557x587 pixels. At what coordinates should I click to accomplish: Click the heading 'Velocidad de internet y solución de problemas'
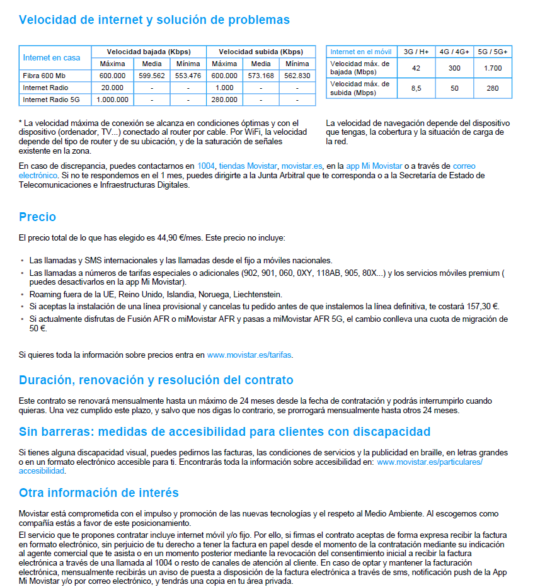click(x=154, y=20)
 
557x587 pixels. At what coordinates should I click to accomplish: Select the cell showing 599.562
click(x=152, y=76)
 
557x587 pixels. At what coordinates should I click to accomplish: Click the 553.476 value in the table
click(x=188, y=76)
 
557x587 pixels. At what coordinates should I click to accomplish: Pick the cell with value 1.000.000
click(x=113, y=100)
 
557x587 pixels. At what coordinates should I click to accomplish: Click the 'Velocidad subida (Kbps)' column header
click(x=261, y=52)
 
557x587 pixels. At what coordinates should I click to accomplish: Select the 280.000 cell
click(x=224, y=100)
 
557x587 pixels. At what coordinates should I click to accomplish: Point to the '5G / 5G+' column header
click(x=493, y=52)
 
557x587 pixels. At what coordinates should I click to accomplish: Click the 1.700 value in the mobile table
click(x=493, y=68)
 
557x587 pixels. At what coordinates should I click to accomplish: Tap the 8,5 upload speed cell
click(x=416, y=88)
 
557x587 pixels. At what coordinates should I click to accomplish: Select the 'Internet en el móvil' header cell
click(x=361, y=52)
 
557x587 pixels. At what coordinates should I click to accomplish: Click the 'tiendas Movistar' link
click(x=248, y=166)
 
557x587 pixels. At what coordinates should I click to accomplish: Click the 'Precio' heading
click(x=38, y=217)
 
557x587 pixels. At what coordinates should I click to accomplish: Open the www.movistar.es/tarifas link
click(x=250, y=355)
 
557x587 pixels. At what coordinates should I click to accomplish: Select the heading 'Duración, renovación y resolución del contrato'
click(x=156, y=380)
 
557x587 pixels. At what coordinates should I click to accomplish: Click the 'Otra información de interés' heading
click(x=99, y=493)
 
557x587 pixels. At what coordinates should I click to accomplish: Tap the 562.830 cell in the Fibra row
click(x=297, y=76)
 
